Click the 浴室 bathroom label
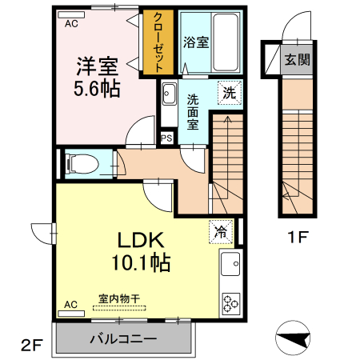[196, 42]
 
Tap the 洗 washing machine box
[229, 92]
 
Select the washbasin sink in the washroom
[169, 97]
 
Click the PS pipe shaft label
[167, 138]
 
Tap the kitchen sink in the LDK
[230, 261]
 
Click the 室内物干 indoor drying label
[118, 298]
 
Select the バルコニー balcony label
[123, 338]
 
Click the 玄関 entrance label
[297, 59]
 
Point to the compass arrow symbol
[293, 338]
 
